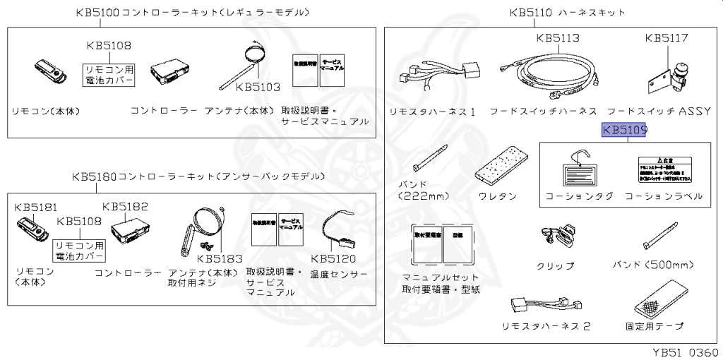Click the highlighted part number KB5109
tap(624, 131)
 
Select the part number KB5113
tap(558, 37)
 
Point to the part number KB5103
tap(258, 88)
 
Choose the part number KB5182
tap(125, 206)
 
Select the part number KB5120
tap(333, 258)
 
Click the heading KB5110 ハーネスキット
tap(567, 13)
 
